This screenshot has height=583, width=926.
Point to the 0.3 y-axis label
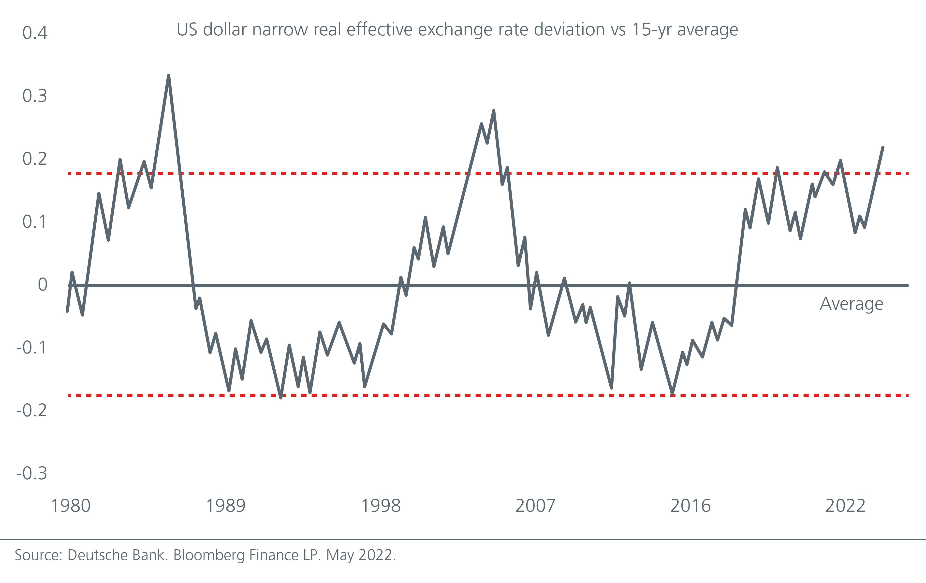point(35,96)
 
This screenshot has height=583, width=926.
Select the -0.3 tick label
point(31,473)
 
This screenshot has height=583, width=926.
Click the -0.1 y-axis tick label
point(31,347)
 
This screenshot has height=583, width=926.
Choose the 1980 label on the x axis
point(71,506)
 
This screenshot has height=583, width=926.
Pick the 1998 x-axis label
point(381,506)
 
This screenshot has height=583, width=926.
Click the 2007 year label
point(535,506)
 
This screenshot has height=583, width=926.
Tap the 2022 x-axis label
point(845,506)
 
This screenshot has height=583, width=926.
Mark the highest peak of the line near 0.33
point(168,76)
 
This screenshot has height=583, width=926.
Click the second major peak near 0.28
point(494,111)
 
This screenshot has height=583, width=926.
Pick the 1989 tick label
point(226,506)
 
